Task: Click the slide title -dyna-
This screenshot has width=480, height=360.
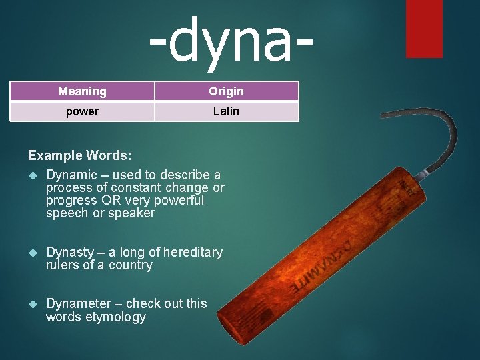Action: click(x=230, y=41)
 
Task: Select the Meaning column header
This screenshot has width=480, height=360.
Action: click(x=82, y=91)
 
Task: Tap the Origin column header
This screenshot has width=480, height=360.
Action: click(x=226, y=91)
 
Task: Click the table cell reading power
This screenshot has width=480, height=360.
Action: click(x=82, y=111)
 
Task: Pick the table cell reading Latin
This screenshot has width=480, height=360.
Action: click(x=226, y=111)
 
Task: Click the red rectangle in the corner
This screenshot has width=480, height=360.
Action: click(x=424, y=28)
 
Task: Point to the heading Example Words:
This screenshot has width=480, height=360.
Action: click(x=80, y=155)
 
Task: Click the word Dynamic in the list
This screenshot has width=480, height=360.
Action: click(x=71, y=175)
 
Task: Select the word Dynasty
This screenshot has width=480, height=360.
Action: click(x=70, y=252)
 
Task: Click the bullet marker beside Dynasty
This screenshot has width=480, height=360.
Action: click(x=32, y=253)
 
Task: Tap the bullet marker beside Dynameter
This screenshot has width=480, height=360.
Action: click(x=32, y=304)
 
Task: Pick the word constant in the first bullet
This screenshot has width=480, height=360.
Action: click(x=137, y=187)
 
